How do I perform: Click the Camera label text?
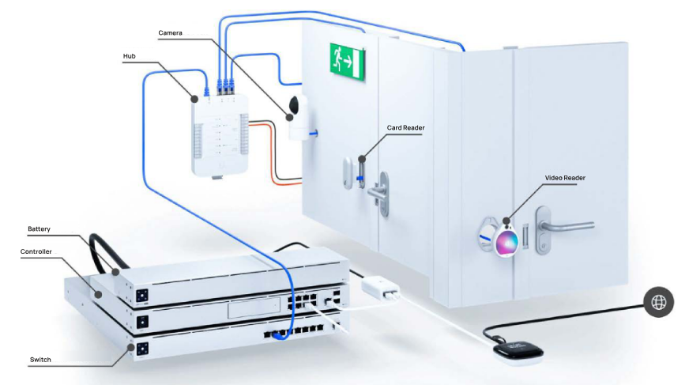point(171,32)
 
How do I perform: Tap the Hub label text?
point(130,56)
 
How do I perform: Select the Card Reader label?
point(405,128)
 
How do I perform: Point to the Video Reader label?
point(564,178)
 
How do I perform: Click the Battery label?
point(40,229)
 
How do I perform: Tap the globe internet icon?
point(658,301)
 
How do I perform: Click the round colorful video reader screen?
point(506,240)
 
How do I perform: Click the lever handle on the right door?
point(553,225)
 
